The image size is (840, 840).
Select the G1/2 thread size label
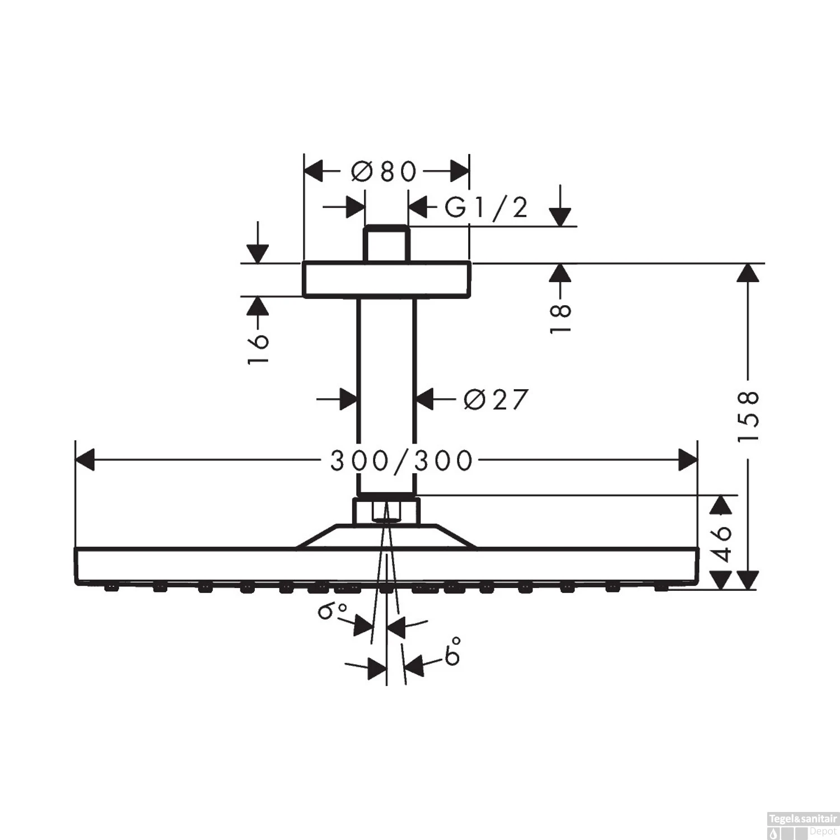coord(486,208)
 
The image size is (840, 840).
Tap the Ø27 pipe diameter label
coord(496,399)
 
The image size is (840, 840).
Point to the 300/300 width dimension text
coord(402,461)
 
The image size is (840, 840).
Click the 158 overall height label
coord(748,417)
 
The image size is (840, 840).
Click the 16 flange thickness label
coord(258,349)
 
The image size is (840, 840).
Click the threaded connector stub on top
coord(386,244)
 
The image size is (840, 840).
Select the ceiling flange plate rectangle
coord(386,279)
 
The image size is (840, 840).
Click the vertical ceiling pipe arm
coord(386,392)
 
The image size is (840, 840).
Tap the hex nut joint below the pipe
coord(386,510)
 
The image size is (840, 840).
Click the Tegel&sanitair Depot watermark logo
coord(804,825)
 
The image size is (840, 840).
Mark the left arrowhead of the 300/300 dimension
coord(85,460)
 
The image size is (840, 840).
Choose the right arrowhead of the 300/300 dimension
coord(688,460)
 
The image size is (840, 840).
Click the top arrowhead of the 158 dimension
coord(748,273)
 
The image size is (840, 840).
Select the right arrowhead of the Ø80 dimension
coord(459,171)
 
